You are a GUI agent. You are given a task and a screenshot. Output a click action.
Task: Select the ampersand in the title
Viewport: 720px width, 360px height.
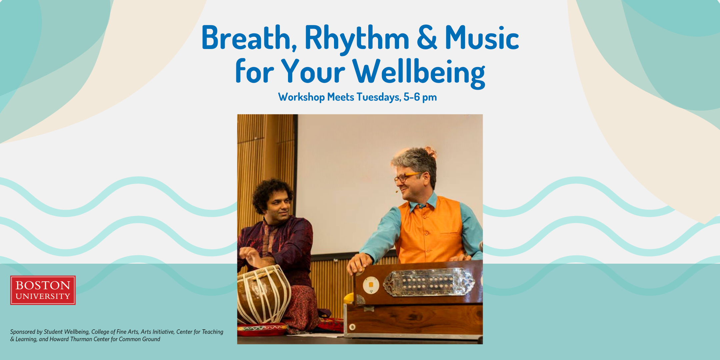coord(427,37)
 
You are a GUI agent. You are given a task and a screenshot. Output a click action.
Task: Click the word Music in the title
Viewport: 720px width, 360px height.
coord(482,38)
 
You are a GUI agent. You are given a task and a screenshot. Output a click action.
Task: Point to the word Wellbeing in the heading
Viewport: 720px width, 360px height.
coord(419,73)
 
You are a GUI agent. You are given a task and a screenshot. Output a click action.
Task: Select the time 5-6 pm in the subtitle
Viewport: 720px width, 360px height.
coord(420,97)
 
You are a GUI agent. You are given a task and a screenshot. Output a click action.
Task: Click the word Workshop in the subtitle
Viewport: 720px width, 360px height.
coord(301,97)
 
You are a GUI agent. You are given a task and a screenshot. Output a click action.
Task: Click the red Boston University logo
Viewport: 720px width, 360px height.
coord(43,290)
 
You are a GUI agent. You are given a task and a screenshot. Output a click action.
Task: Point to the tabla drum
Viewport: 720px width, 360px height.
coord(263,295)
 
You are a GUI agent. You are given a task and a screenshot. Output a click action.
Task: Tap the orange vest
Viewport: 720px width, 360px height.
coord(430,230)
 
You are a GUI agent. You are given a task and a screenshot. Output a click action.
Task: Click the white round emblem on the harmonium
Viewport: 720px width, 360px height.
coord(371,285)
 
